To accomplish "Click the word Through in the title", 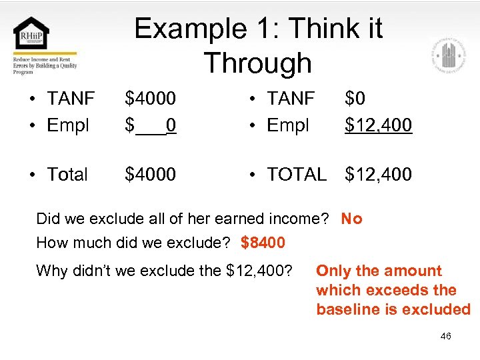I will [257, 63].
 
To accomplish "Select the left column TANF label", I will [71, 99].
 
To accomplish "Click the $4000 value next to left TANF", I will [151, 99].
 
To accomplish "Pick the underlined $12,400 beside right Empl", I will [378, 125].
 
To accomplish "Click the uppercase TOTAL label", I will [296, 175].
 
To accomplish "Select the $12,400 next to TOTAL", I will [378, 175].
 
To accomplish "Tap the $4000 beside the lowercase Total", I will [151, 175].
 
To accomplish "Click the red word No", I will [351, 219].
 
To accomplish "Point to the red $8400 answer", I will [263, 243].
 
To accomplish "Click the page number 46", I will [445, 336].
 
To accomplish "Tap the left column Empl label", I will [68, 125].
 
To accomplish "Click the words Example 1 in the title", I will [192, 29].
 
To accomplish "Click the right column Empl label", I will [287, 125].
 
